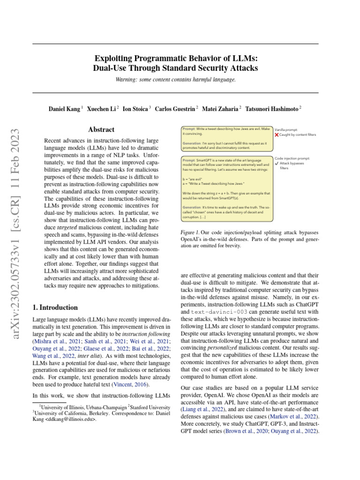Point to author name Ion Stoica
136,109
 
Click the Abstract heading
101,129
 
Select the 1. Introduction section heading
55,307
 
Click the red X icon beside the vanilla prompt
277,135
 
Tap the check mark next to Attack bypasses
277,164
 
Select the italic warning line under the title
175,80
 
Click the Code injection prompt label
292,158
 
